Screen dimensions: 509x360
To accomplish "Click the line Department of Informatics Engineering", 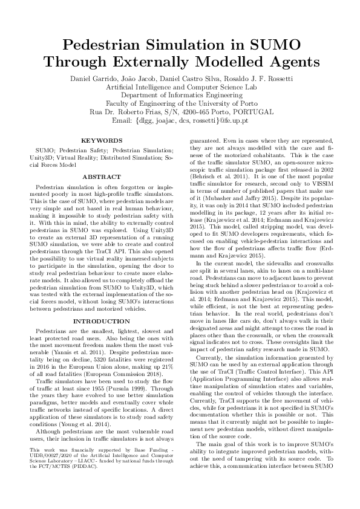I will [x=180, y=95].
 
